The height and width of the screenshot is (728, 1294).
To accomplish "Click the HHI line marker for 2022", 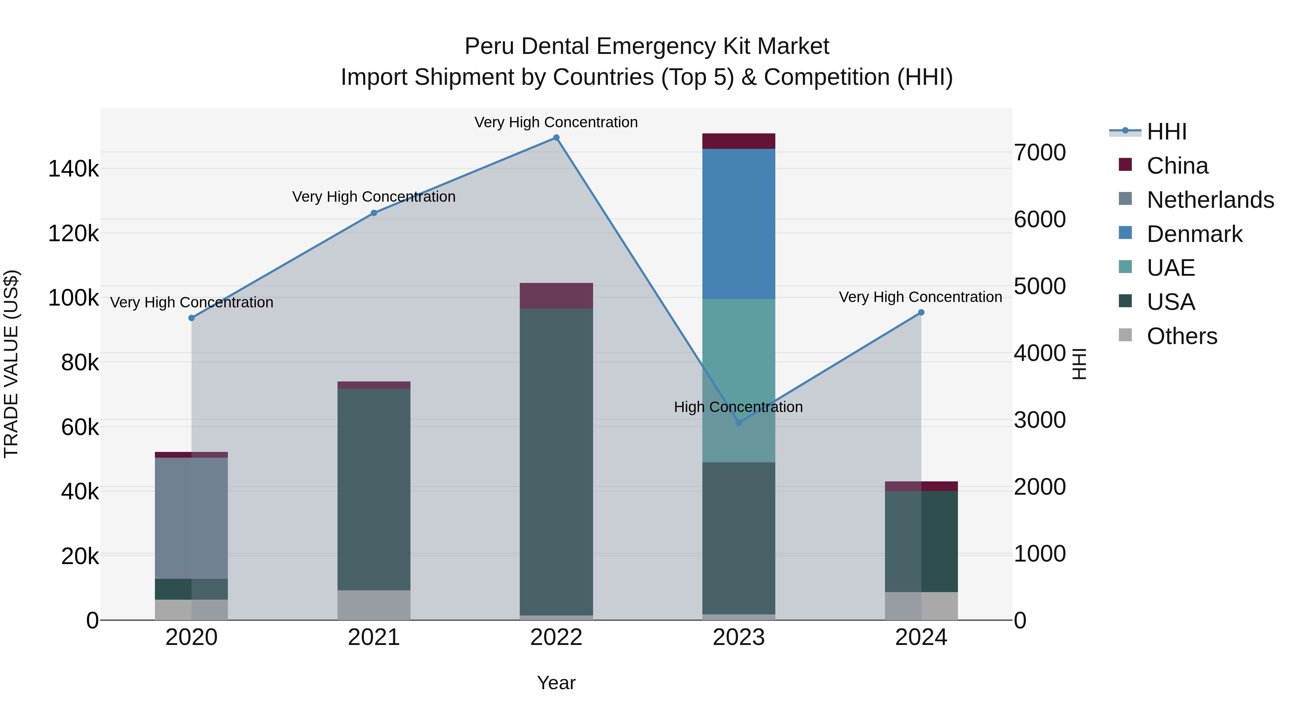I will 556,138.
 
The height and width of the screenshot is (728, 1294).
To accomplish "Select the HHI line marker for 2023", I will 738,422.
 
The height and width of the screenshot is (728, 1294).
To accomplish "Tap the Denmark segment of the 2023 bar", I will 738,224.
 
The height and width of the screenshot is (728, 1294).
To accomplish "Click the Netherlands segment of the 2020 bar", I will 191,517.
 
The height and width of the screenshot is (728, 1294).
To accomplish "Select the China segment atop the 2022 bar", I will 556,296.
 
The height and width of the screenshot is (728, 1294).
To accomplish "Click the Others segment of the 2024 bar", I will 921,605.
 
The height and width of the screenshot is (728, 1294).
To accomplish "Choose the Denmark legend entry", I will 1194,234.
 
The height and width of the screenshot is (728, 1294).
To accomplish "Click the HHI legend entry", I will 1166,132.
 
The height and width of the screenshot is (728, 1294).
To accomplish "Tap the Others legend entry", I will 1181,336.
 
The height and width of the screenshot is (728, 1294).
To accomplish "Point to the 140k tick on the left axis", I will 73,169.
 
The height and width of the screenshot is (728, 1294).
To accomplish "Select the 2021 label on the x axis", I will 374,637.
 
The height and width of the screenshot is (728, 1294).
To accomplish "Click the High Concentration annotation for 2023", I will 738,407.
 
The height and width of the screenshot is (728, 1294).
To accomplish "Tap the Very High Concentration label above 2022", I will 556,122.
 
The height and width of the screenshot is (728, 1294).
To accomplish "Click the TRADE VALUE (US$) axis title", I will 11,364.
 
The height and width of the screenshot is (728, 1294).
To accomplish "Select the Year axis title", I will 556,683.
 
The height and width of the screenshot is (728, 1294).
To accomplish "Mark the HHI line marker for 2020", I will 191,318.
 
